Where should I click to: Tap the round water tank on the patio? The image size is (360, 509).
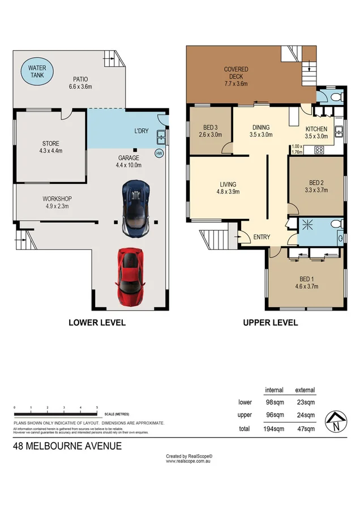click(41, 71)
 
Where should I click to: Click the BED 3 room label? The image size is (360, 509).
click(210, 131)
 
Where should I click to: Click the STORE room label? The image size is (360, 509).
click(50, 147)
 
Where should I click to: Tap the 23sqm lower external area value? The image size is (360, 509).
click(305, 402)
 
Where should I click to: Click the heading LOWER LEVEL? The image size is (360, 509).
click(97, 323)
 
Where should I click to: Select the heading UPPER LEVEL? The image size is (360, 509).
click(270, 323)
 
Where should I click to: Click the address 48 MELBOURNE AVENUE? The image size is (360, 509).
click(67, 446)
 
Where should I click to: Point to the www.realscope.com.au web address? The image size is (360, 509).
click(188, 461)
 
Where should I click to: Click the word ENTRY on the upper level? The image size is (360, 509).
click(262, 237)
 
